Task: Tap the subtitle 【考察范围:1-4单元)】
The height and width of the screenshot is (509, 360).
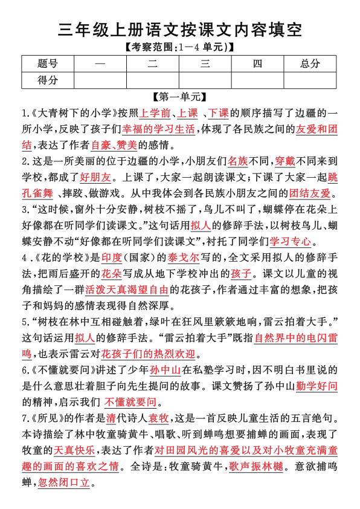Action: (179, 46)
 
